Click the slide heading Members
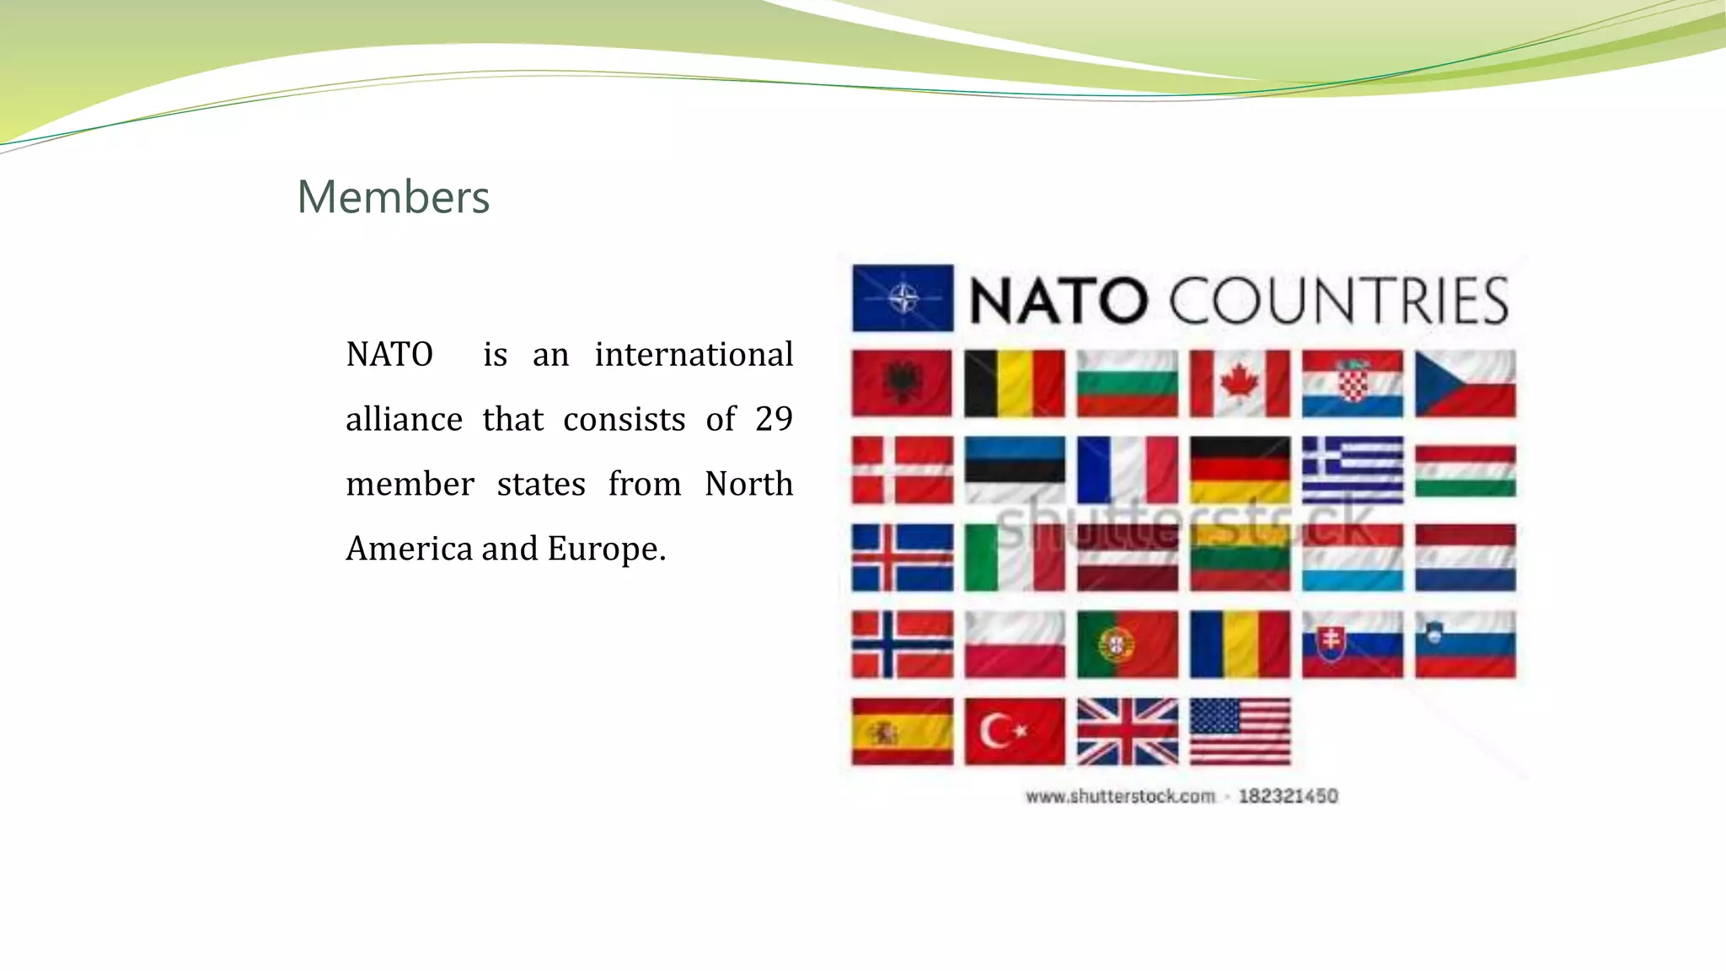[393, 197]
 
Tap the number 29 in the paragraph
[774, 419]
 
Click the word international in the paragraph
[694, 354]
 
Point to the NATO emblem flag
[903, 298]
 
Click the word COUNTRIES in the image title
[1338, 300]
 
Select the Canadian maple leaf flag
[1240, 384]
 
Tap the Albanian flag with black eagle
[902, 384]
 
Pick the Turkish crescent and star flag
[1015, 732]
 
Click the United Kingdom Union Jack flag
[1128, 732]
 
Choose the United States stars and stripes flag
[1240, 732]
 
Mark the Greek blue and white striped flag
[1353, 470]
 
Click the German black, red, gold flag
[1240, 470]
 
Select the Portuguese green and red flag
[1128, 645]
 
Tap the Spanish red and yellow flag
[902, 732]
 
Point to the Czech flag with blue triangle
[1465, 384]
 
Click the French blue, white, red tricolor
[1128, 470]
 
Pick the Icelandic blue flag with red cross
[902, 558]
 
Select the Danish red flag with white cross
[902, 470]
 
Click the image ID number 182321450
[1288, 797]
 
